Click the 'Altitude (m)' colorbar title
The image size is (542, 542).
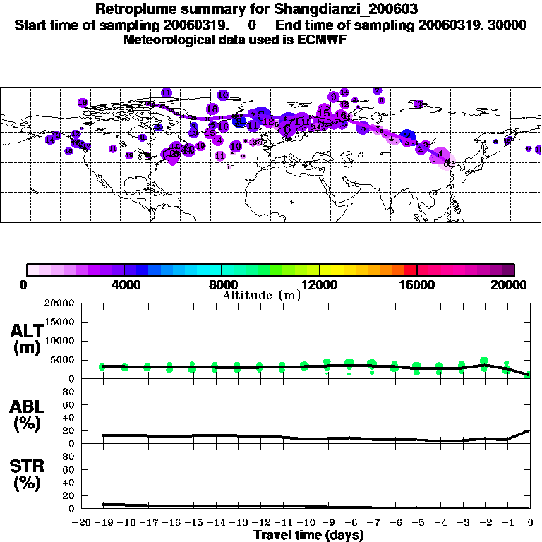[x=261, y=295]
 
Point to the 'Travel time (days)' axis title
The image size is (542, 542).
[x=308, y=536]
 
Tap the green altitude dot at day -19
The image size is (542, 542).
[x=103, y=367]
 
